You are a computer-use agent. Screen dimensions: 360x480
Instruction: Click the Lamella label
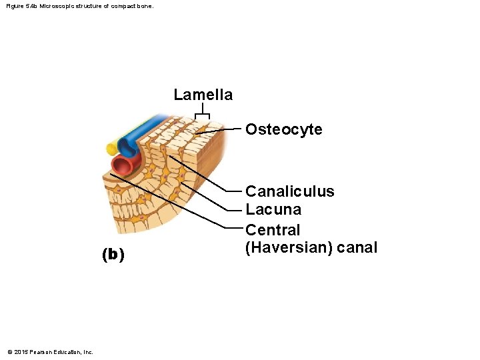pos(203,95)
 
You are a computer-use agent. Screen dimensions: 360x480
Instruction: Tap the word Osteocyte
pos(283,129)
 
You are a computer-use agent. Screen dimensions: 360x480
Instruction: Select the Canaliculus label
pos(290,191)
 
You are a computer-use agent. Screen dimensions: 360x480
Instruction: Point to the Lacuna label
pos(273,210)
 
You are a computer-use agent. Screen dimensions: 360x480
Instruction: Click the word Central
pos(273,230)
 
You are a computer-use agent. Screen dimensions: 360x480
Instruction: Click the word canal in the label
pos(357,248)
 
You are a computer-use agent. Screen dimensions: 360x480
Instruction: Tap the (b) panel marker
pos(113,254)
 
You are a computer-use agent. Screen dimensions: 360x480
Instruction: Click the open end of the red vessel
pos(122,164)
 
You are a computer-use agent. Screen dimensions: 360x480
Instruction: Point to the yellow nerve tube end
pos(111,149)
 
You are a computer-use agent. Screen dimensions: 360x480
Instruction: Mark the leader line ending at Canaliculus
pos(207,174)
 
